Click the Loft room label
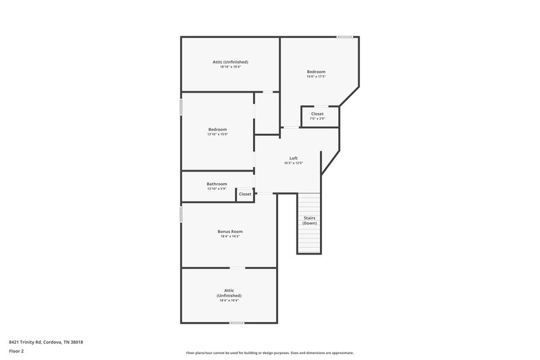coord(293,158)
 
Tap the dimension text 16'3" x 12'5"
coord(293,163)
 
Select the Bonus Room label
coord(230,232)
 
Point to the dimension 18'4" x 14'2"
coord(230,236)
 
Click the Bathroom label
coord(217,184)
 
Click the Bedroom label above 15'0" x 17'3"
coord(316,72)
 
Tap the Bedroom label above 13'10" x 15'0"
coord(217,129)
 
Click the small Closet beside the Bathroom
coord(245,194)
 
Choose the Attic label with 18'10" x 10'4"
coord(230,62)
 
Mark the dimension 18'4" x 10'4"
coord(229,301)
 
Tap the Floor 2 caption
coord(16,351)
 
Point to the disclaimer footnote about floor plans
coord(269,353)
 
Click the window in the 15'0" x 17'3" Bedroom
coord(345,36)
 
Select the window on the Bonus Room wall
coord(181,214)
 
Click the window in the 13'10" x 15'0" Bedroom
coord(181,107)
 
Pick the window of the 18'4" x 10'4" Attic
coord(236,323)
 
